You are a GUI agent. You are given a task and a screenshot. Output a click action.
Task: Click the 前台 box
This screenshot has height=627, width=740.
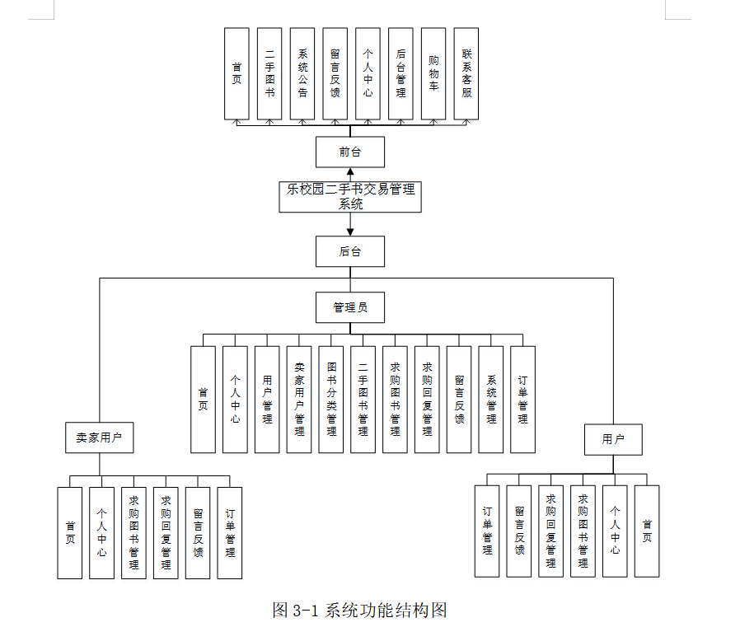pyautogui.click(x=350, y=152)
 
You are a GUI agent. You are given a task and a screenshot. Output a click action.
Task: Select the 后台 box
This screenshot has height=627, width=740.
pyautogui.click(x=350, y=251)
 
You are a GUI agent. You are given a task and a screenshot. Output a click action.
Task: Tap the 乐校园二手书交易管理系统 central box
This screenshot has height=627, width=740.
pyautogui.click(x=350, y=196)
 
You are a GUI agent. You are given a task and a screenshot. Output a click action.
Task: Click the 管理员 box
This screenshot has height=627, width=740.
pyautogui.click(x=350, y=307)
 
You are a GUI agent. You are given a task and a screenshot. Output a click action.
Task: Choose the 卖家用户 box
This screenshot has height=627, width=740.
pyautogui.click(x=99, y=437)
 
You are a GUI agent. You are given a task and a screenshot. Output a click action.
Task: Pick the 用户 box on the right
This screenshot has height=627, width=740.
pyautogui.click(x=613, y=439)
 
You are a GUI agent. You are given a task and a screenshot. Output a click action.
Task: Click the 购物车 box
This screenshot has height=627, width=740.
pyautogui.click(x=433, y=74)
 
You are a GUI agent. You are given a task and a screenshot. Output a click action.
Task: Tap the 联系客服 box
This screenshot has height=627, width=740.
pyautogui.click(x=466, y=74)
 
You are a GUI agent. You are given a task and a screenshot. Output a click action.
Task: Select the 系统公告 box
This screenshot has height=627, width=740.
pyautogui.click(x=302, y=74)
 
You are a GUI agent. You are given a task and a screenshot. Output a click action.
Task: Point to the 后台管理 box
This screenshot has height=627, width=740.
pyautogui.click(x=400, y=74)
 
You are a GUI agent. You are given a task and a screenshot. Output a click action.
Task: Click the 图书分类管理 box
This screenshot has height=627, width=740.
pyautogui.click(x=331, y=400)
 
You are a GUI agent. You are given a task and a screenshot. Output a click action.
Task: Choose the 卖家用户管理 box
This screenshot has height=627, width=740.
pyautogui.click(x=299, y=400)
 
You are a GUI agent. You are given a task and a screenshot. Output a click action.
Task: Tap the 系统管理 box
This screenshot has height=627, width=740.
pyautogui.click(x=491, y=400)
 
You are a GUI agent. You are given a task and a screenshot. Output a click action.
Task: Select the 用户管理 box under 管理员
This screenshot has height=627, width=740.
pyautogui.click(x=267, y=400)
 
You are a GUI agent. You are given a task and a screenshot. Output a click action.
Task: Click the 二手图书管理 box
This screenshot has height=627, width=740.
pyautogui.click(x=363, y=400)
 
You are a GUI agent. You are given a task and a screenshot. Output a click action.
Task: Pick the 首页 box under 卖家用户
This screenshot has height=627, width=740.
pyautogui.click(x=70, y=532)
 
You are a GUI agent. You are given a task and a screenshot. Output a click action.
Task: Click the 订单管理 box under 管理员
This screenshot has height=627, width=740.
pyautogui.click(x=522, y=400)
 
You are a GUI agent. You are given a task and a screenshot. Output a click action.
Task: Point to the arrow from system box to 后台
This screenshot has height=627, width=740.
pyautogui.click(x=350, y=224)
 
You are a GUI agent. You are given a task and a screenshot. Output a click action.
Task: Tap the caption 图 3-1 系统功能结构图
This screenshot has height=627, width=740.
pyautogui.click(x=359, y=611)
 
